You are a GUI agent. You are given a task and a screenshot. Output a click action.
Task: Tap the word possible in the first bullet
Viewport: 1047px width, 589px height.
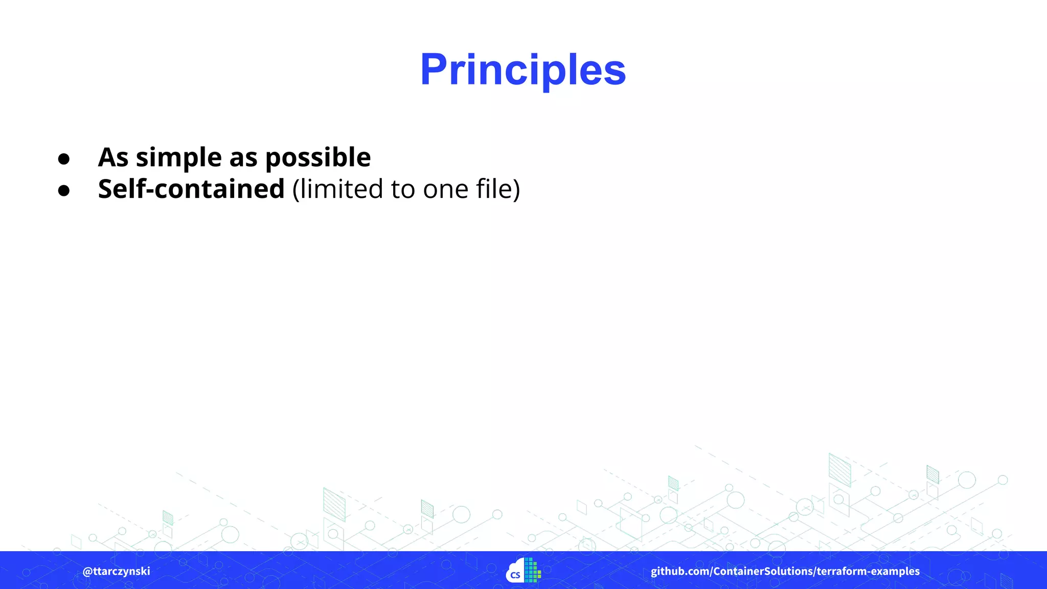coord(317,157)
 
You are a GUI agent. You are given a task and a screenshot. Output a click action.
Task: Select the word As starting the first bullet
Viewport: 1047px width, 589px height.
coord(113,157)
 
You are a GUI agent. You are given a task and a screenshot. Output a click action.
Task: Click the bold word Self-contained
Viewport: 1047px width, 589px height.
coord(191,189)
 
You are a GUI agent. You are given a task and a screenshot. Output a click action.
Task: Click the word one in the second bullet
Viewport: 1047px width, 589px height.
coord(445,189)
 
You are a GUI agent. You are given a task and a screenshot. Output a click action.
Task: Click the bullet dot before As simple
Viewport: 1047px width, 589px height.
coord(64,159)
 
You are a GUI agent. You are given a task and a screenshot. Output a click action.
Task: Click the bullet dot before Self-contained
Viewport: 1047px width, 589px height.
coord(64,191)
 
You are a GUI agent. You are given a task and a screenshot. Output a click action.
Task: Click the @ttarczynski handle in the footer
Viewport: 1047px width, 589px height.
coord(117,571)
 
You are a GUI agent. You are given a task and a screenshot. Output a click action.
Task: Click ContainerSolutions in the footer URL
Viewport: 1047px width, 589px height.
coord(763,571)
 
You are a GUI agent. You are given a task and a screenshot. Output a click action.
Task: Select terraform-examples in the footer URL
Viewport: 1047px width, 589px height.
coord(868,571)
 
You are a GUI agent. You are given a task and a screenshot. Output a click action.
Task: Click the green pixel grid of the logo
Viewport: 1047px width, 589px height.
coord(532,570)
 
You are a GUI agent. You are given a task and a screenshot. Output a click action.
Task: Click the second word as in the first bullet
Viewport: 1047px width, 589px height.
coord(243,157)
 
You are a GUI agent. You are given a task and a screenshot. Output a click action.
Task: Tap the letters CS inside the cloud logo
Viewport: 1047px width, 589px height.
coord(515,575)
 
